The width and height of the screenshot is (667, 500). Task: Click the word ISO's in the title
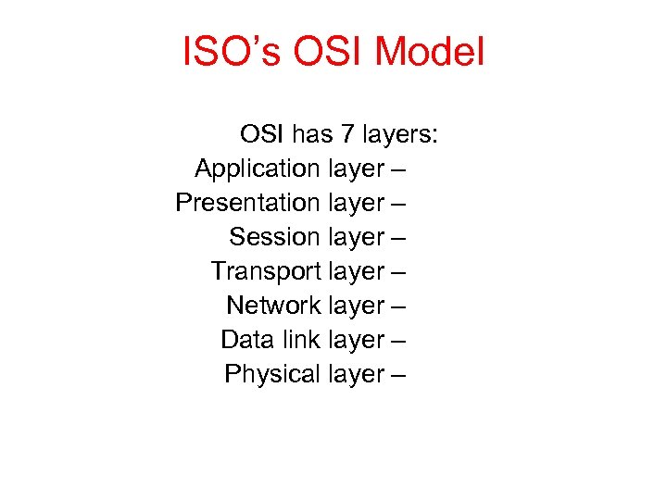[233, 53]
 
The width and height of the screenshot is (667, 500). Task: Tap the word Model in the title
[435, 53]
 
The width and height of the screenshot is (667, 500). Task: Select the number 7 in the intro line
[346, 135]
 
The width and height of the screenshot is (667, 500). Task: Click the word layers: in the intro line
[399, 135]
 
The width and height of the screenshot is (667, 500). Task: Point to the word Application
[257, 169]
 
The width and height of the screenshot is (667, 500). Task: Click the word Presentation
[247, 203]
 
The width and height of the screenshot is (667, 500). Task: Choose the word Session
[274, 237]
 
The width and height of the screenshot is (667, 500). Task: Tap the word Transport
[265, 271]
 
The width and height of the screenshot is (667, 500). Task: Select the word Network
[273, 306]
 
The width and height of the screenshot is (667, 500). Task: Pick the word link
[299, 340]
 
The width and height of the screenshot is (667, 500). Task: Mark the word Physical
[272, 374]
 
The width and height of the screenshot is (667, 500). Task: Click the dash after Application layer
[400, 170]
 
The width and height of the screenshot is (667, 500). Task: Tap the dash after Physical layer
[400, 375]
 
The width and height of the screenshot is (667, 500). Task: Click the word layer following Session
[356, 238]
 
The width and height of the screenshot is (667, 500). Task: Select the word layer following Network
[356, 306]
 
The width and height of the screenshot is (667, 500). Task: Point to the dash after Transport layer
[400, 272]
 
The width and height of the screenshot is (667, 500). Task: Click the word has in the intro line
[312, 135]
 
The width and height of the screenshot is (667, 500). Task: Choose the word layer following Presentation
[356, 204]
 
